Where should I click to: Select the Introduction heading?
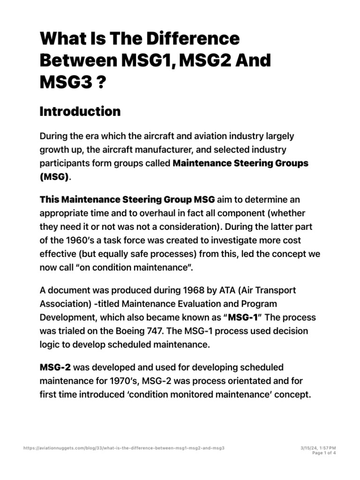click(x=80, y=112)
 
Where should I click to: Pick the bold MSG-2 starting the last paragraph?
click(x=56, y=367)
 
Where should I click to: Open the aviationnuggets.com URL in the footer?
click(x=124, y=448)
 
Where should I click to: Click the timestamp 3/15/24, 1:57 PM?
click(x=318, y=448)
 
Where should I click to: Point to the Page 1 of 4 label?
click(x=324, y=453)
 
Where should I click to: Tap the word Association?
click(x=65, y=304)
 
